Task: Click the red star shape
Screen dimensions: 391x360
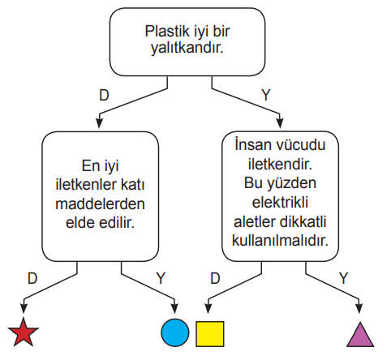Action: pos(24,333)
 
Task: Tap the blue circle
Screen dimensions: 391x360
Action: pos(175,332)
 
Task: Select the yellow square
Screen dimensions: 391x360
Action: pos(210,334)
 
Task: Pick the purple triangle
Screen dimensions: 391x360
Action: pos(360,336)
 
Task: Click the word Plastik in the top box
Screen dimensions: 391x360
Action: pos(167,32)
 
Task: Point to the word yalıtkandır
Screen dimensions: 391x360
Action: pos(187,49)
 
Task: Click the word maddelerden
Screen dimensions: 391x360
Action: pos(100,204)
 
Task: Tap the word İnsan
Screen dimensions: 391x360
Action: pos(253,144)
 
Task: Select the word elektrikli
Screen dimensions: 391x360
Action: pos(280,202)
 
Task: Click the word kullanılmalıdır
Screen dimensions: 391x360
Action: pos(280,240)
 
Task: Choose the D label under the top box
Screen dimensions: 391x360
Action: pos(104,95)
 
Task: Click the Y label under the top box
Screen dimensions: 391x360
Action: pos(266,95)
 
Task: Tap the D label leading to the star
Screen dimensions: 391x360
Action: pos(32,278)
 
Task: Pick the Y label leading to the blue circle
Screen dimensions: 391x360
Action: pos(161,278)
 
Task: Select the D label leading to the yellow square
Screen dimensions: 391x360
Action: pos(215,278)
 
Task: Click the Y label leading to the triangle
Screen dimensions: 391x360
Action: pos(343,278)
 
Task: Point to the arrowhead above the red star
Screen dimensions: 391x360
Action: pos(24,308)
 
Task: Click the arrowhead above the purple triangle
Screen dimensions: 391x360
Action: pos(359,308)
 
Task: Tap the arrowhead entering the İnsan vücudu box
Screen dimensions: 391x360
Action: pos(280,123)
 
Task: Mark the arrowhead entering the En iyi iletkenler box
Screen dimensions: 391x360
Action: pos(99,122)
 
